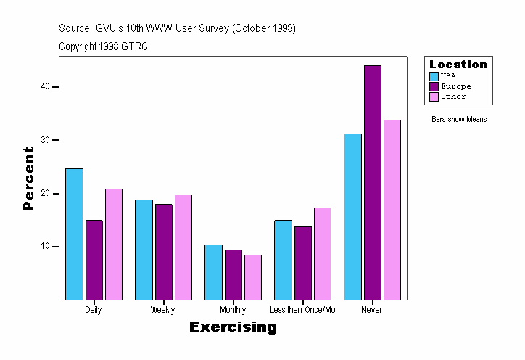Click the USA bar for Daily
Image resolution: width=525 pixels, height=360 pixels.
pos(74,234)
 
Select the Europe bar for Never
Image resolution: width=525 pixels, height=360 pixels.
pos(373,182)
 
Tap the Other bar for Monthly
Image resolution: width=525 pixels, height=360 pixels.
pos(252,277)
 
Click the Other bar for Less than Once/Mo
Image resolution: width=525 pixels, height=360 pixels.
pos(323,253)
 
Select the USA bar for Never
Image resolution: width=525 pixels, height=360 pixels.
pos(353,216)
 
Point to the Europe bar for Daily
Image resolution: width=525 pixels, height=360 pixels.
pos(94,260)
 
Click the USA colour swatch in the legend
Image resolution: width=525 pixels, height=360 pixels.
pos(434,76)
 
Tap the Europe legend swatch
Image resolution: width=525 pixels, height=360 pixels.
pos(434,86)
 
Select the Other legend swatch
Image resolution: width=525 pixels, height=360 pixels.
pos(434,97)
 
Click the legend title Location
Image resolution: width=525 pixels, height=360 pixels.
pos(458,65)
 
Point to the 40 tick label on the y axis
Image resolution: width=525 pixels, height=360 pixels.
pos(45,87)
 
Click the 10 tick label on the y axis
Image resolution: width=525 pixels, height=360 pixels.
pos(45,247)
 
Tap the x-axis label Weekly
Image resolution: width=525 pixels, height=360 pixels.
pos(162,310)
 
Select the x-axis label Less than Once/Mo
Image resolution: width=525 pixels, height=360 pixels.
pos(302,310)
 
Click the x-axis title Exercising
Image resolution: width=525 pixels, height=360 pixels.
pos(233,327)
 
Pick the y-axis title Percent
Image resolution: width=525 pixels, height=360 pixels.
pos(29,179)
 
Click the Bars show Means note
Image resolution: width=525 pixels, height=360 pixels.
pos(459,119)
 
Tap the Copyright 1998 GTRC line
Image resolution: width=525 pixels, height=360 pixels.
pos(103,46)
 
